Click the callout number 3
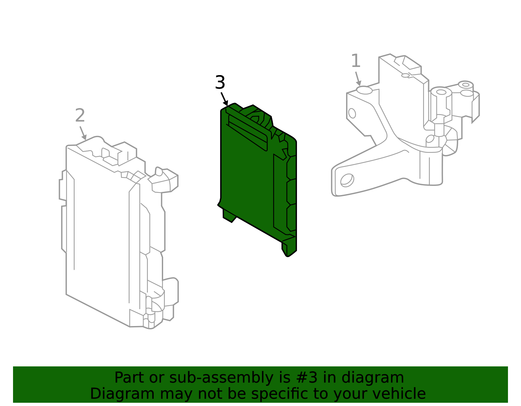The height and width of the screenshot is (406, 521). click(x=220, y=83)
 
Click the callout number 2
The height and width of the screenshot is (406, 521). click(x=80, y=116)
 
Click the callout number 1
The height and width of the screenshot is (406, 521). click(x=356, y=61)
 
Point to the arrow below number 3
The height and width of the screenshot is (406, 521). click(x=224, y=99)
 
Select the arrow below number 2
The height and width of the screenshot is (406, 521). click(x=83, y=133)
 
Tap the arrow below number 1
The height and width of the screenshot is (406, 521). click(x=358, y=79)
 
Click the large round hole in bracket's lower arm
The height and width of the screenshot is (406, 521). click(x=347, y=180)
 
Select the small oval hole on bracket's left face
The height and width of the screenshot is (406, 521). click(x=352, y=113)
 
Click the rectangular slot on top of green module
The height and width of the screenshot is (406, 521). click(x=247, y=132)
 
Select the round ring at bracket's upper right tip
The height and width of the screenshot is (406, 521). click(x=466, y=85)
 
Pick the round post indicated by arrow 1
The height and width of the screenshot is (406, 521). click(x=364, y=90)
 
